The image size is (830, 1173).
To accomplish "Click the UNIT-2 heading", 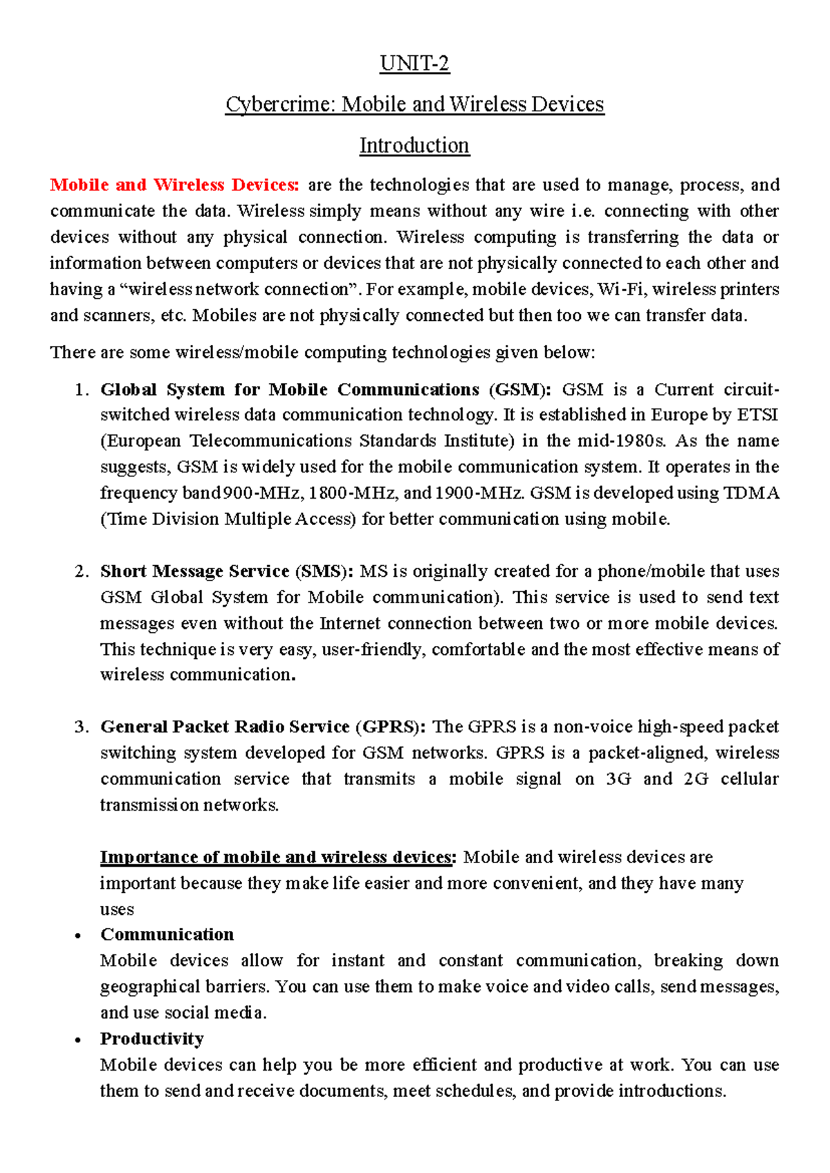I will [414, 64].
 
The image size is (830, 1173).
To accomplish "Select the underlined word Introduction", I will [414, 145].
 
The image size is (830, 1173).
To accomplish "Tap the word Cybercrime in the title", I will [280, 104].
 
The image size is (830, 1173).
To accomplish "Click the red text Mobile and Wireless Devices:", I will [174, 185].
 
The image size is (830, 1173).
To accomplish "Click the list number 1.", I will [81, 390].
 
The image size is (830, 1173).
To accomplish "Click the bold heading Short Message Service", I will [194, 571].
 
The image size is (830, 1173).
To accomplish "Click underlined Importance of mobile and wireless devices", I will [275, 858].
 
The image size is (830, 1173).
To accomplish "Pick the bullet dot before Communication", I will [79, 936].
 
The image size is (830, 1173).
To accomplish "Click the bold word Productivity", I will [151, 1039].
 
